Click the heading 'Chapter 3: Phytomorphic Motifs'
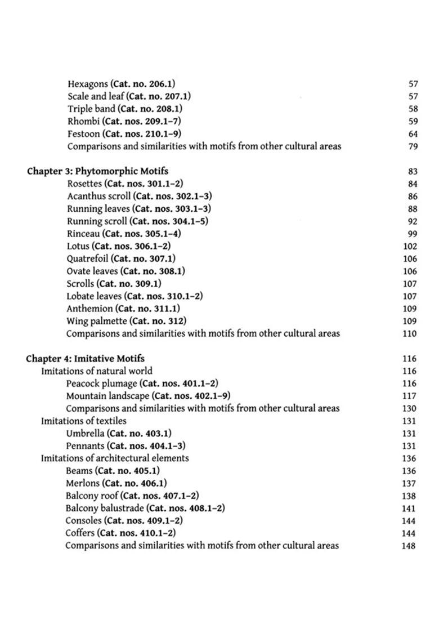click(97, 171)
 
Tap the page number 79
click(412, 147)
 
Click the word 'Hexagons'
click(87, 84)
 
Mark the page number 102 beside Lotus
click(410, 247)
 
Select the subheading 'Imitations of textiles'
click(83, 421)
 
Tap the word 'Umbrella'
click(85, 433)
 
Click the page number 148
click(409, 546)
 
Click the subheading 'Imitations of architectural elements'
click(115, 458)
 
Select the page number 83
click(412, 172)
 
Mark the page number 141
click(409, 509)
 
